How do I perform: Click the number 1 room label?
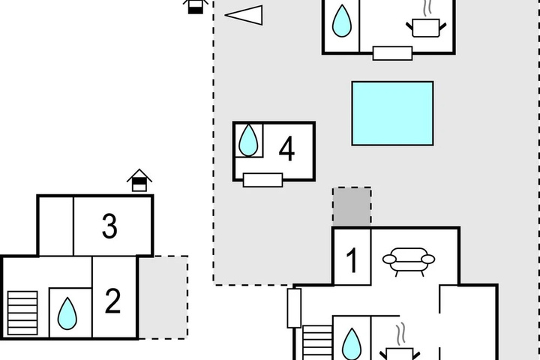pos(352,260)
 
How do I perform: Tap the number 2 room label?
pos(112,301)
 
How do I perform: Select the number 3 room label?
pos(109,226)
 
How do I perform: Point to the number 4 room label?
pos(286,148)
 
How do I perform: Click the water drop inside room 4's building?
pos(248,140)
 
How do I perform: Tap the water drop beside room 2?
pos(67,313)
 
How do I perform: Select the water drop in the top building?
pos(342,21)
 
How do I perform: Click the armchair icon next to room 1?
pos(409,262)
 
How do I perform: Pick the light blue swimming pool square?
pos(392,113)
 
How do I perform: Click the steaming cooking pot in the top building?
pos(426,22)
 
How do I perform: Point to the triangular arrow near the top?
pos(244,15)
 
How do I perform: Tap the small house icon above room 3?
pos(139,180)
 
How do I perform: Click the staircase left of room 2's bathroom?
pos(22,313)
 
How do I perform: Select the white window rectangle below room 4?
pos(262,180)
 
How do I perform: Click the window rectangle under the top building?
pos(392,53)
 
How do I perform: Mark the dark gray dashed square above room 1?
pos(352,207)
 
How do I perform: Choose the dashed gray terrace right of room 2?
pos(163,297)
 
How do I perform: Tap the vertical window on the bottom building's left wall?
pos(294,308)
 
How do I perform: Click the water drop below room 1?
pos(352,343)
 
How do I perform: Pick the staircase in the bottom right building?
pos(317,343)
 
